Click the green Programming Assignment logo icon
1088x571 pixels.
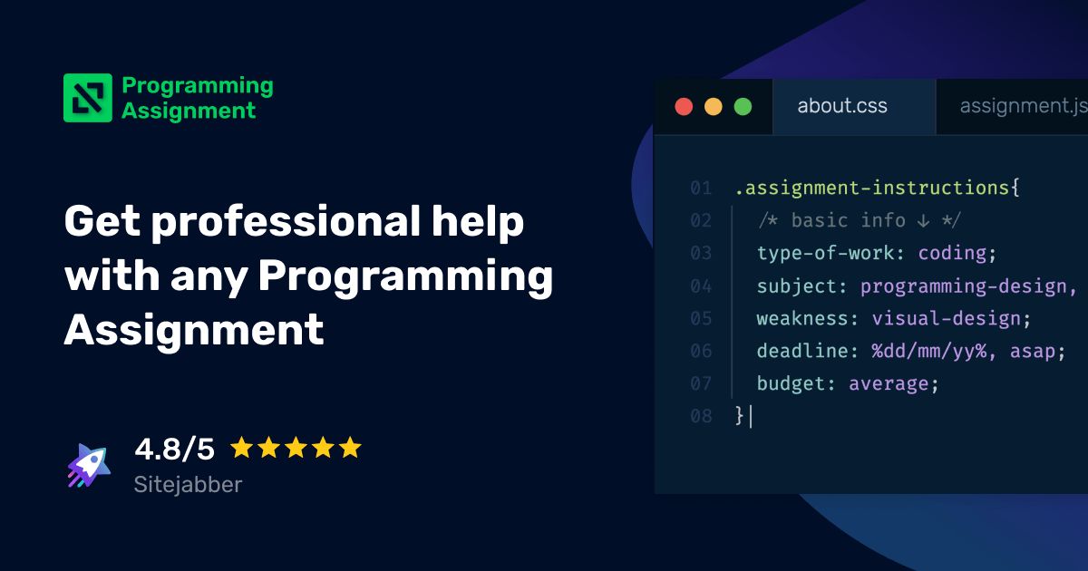pyautogui.click(x=88, y=98)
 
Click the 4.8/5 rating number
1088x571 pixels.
pyautogui.click(x=174, y=449)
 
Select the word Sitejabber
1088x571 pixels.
pyautogui.click(x=188, y=485)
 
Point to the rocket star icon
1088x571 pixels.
pyautogui.click(x=89, y=466)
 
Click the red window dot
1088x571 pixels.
pyautogui.click(x=684, y=107)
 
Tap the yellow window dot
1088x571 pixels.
pyautogui.click(x=714, y=107)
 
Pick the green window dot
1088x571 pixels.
pyautogui.click(x=743, y=107)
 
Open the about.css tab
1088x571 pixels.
pyautogui.click(x=842, y=107)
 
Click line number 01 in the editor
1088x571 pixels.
pyautogui.click(x=701, y=189)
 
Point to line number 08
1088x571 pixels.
pyautogui.click(x=701, y=416)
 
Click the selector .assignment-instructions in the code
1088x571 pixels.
pyautogui.click(x=872, y=189)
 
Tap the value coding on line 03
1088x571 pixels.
pyautogui.click(x=952, y=253)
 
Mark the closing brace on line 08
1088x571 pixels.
pyautogui.click(x=740, y=416)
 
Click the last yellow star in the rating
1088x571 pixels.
pyautogui.click(x=350, y=448)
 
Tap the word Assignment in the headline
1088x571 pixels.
pyautogui.click(x=194, y=329)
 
